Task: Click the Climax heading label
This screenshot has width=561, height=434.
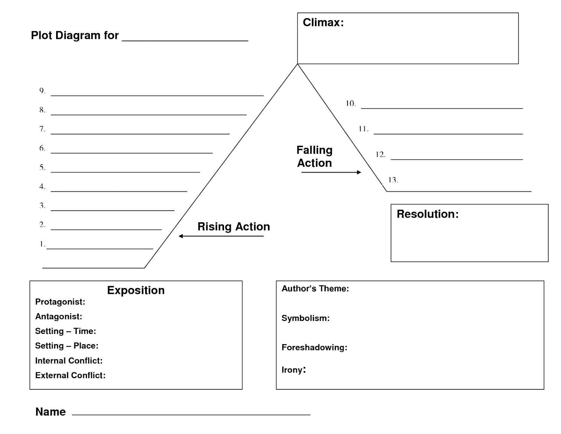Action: (x=323, y=23)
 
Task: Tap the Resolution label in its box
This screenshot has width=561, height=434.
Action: (x=427, y=214)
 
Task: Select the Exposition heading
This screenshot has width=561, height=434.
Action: (x=136, y=290)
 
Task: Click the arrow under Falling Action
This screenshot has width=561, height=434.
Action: (x=331, y=172)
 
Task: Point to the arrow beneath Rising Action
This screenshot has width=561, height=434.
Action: (x=221, y=236)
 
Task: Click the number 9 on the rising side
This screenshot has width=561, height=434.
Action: (x=42, y=91)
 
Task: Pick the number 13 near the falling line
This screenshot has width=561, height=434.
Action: (x=393, y=180)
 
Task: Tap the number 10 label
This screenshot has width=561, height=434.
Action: (x=350, y=104)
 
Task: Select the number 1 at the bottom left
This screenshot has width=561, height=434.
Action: (x=42, y=244)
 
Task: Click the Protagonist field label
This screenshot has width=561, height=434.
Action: (x=60, y=302)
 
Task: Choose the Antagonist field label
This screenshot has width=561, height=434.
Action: (x=59, y=317)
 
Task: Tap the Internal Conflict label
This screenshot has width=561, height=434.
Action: (x=69, y=361)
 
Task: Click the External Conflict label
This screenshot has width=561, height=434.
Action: (x=70, y=375)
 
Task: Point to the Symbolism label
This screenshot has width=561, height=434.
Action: (x=305, y=318)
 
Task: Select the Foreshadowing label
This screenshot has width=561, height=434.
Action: (x=314, y=348)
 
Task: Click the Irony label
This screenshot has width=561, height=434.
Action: (x=293, y=370)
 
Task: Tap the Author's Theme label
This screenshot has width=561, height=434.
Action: (x=315, y=289)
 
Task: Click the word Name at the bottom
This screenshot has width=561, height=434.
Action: (x=50, y=412)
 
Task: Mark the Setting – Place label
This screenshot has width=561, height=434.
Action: (x=67, y=346)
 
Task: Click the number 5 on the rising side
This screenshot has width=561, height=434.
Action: (x=42, y=167)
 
